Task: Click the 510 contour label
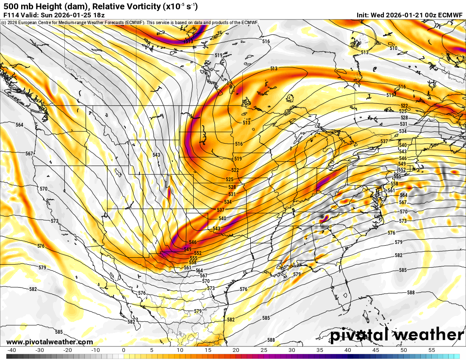point(394,48)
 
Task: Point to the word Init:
point(363,15)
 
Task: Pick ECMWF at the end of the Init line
point(451,15)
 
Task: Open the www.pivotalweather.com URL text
point(50,342)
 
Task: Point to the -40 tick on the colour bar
point(12,350)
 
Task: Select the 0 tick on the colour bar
point(123,350)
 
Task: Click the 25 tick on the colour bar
point(263,350)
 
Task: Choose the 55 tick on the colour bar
point(431,350)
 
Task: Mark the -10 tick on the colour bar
point(96,350)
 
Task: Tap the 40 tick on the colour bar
point(347,350)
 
